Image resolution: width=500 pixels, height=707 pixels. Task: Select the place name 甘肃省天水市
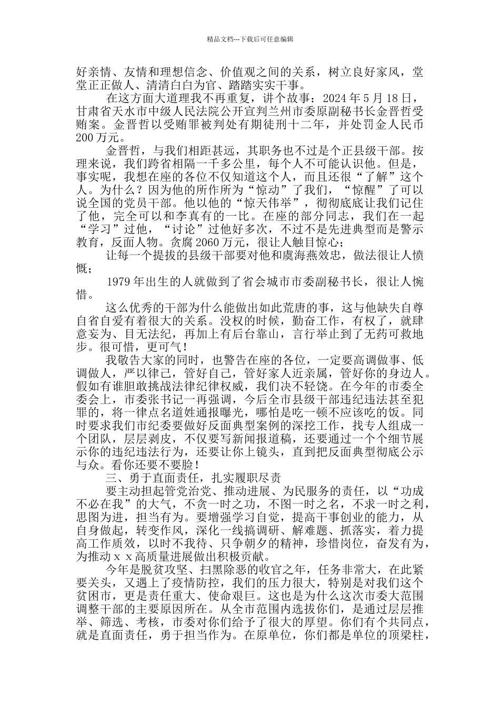[111, 112]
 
